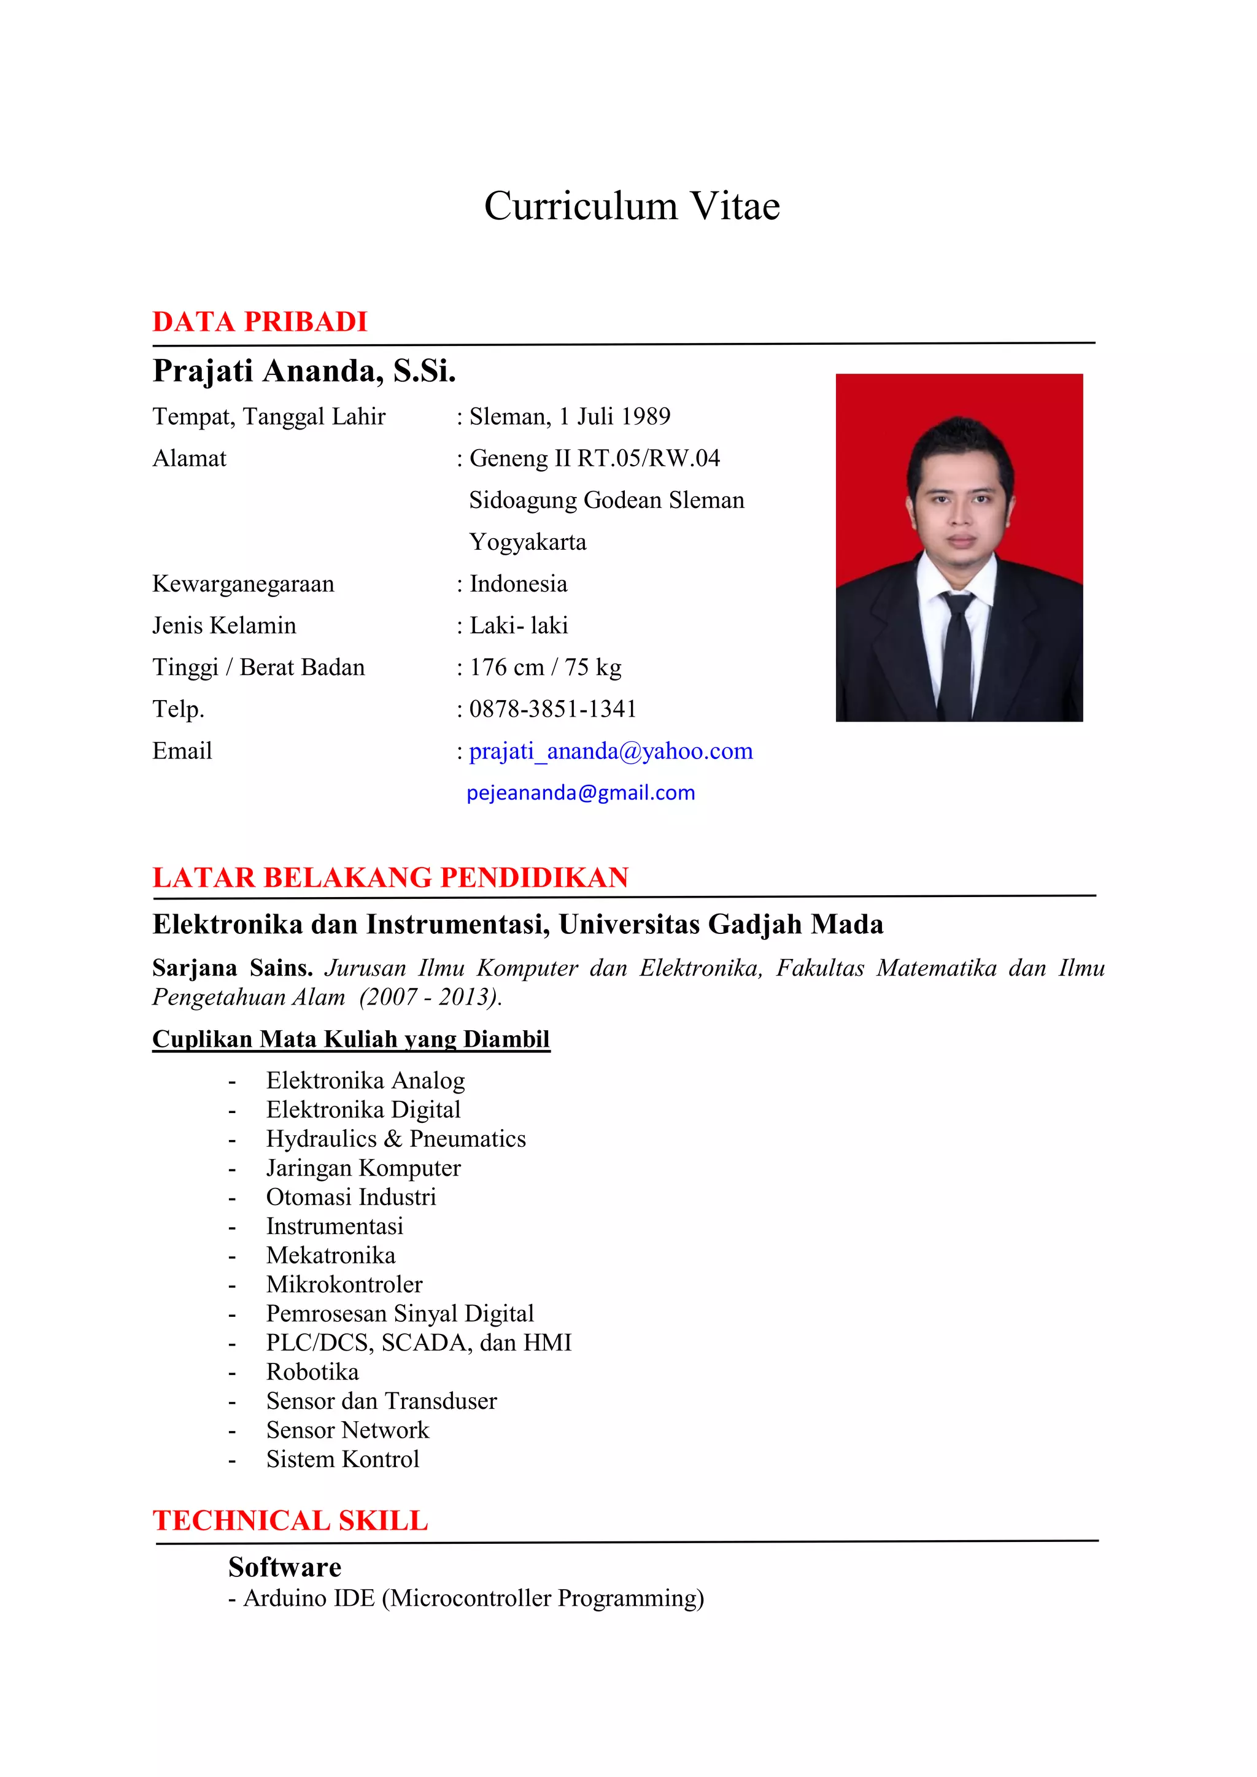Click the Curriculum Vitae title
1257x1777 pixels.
tap(632, 206)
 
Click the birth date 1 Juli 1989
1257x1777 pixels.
tap(614, 417)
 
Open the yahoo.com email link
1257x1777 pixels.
tap(611, 750)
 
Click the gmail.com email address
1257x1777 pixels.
tap(581, 793)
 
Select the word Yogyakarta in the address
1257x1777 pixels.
tap(528, 542)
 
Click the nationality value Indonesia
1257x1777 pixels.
tap(518, 584)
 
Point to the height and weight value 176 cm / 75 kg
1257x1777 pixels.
tap(545, 667)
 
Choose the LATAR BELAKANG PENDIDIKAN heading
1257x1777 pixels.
tap(390, 877)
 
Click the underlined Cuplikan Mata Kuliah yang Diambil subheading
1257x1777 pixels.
tap(350, 1039)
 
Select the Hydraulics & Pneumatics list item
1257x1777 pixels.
tap(395, 1138)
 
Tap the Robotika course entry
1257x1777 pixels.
tap(312, 1371)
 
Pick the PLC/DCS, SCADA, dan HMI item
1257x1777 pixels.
tap(419, 1342)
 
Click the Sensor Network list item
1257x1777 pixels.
tap(347, 1430)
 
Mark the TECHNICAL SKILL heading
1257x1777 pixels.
tap(290, 1520)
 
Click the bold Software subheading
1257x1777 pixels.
tap(285, 1567)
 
